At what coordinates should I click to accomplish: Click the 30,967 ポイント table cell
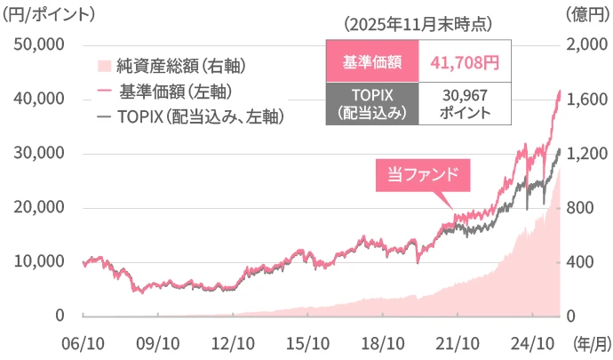[464, 103]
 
